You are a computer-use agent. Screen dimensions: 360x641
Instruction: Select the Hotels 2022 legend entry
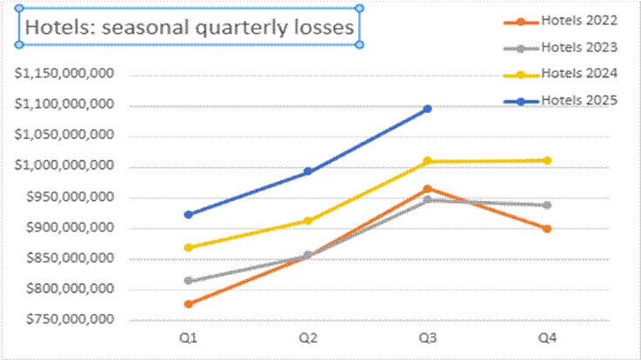pyautogui.click(x=578, y=20)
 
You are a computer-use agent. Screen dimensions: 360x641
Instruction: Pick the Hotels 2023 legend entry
pyautogui.click(x=578, y=47)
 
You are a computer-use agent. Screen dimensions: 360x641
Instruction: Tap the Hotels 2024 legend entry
pyautogui.click(x=578, y=72)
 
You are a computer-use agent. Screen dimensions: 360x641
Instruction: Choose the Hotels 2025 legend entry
pyautogui.click(x=578, y=100)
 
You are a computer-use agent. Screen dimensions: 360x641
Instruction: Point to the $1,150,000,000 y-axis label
pyautogui.click(x=66, y=74)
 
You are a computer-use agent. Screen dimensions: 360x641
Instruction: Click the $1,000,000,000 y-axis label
pyautogui.click(x=66, y=166)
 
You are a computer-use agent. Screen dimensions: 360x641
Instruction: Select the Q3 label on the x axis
pyautogui.click(x=428, y=335)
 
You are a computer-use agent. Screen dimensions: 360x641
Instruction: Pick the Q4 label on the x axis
pyautogui.click(x=547, y=335)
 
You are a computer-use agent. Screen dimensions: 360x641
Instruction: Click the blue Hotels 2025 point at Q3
pyautogui.click(x=428, y=109)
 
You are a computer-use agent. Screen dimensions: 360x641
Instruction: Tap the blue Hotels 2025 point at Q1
pyautogui.click(x=189, y=214)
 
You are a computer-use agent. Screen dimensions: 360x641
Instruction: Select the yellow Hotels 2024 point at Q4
pyautogui.click(x=547, y=160)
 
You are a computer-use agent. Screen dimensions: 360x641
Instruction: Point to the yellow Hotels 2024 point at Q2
pyautogui.click(x=308, y=220)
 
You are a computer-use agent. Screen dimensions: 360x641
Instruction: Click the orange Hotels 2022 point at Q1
pyautogui.click(x=189, y=303)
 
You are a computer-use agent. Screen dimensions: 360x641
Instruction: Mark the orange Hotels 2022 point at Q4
pyautogui.click(x=547, y=229)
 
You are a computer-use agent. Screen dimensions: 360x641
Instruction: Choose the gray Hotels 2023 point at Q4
pyautogui.click(x=547, y=205)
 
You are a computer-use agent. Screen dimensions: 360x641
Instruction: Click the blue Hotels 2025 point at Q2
pyautogui.click(x=308, y=171)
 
